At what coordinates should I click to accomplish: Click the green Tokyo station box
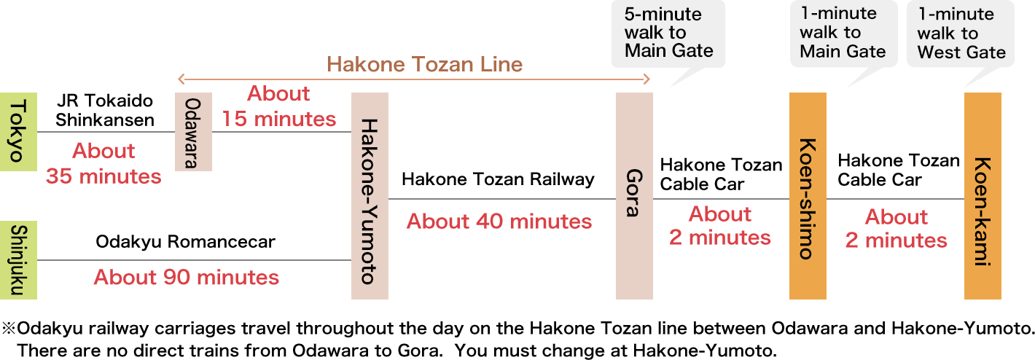click(x=18, y=132)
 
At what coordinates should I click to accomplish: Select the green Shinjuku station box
click(x=18, y=260)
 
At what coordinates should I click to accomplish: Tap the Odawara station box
click(x=192, y=132)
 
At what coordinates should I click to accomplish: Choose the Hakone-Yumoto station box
click(x=370, y=196)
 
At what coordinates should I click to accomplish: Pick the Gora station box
click(x=634, y=196)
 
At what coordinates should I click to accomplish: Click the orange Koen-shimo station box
click(x=808, y=196)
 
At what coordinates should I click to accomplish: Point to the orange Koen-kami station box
click(x=983, y=196)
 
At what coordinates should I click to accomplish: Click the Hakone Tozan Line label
click(x=424, y=65)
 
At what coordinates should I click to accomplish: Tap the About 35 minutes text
click(x=103, y=163)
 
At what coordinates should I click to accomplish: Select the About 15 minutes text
click(x=279, y=106)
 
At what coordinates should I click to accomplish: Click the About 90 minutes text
click(x=186, y=277)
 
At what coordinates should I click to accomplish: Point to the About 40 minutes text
click(x=499, y=221)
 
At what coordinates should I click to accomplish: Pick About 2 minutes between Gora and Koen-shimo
click(x=720, y=225)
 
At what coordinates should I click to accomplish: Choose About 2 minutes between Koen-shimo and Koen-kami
click(x=896, y=228)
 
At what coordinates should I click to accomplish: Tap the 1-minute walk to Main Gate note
click(x=843, y=34)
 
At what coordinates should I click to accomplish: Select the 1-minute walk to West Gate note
click(x=961, y=34)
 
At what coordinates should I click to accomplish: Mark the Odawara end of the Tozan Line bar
click(x=181, y=79)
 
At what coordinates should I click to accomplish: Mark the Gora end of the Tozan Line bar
click(x=646, y=79)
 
